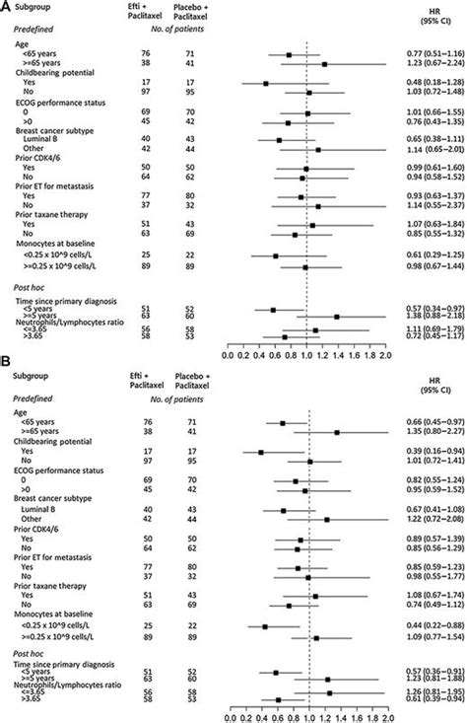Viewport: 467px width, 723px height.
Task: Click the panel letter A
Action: click(x=7, y=8)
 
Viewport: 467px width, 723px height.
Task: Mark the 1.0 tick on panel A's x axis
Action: click(x=306, y=350)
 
